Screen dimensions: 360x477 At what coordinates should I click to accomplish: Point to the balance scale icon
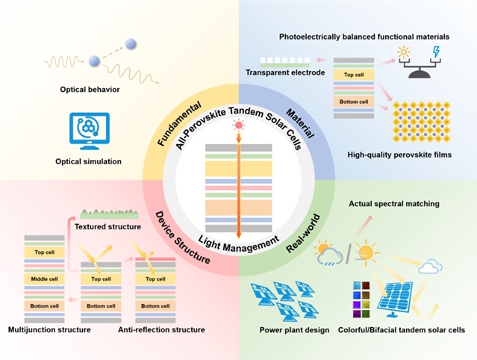[x=416, y=66]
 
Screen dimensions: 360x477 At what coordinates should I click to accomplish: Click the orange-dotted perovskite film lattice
[x=417, y=122]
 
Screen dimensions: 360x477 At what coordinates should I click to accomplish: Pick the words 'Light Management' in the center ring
[x=238, y=240]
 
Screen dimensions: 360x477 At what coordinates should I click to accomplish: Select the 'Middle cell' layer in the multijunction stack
[x=44, y=278]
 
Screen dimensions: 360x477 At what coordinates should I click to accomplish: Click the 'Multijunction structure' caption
[x=49, y=329]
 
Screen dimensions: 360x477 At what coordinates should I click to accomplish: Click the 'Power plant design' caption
[x=294, y=329]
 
